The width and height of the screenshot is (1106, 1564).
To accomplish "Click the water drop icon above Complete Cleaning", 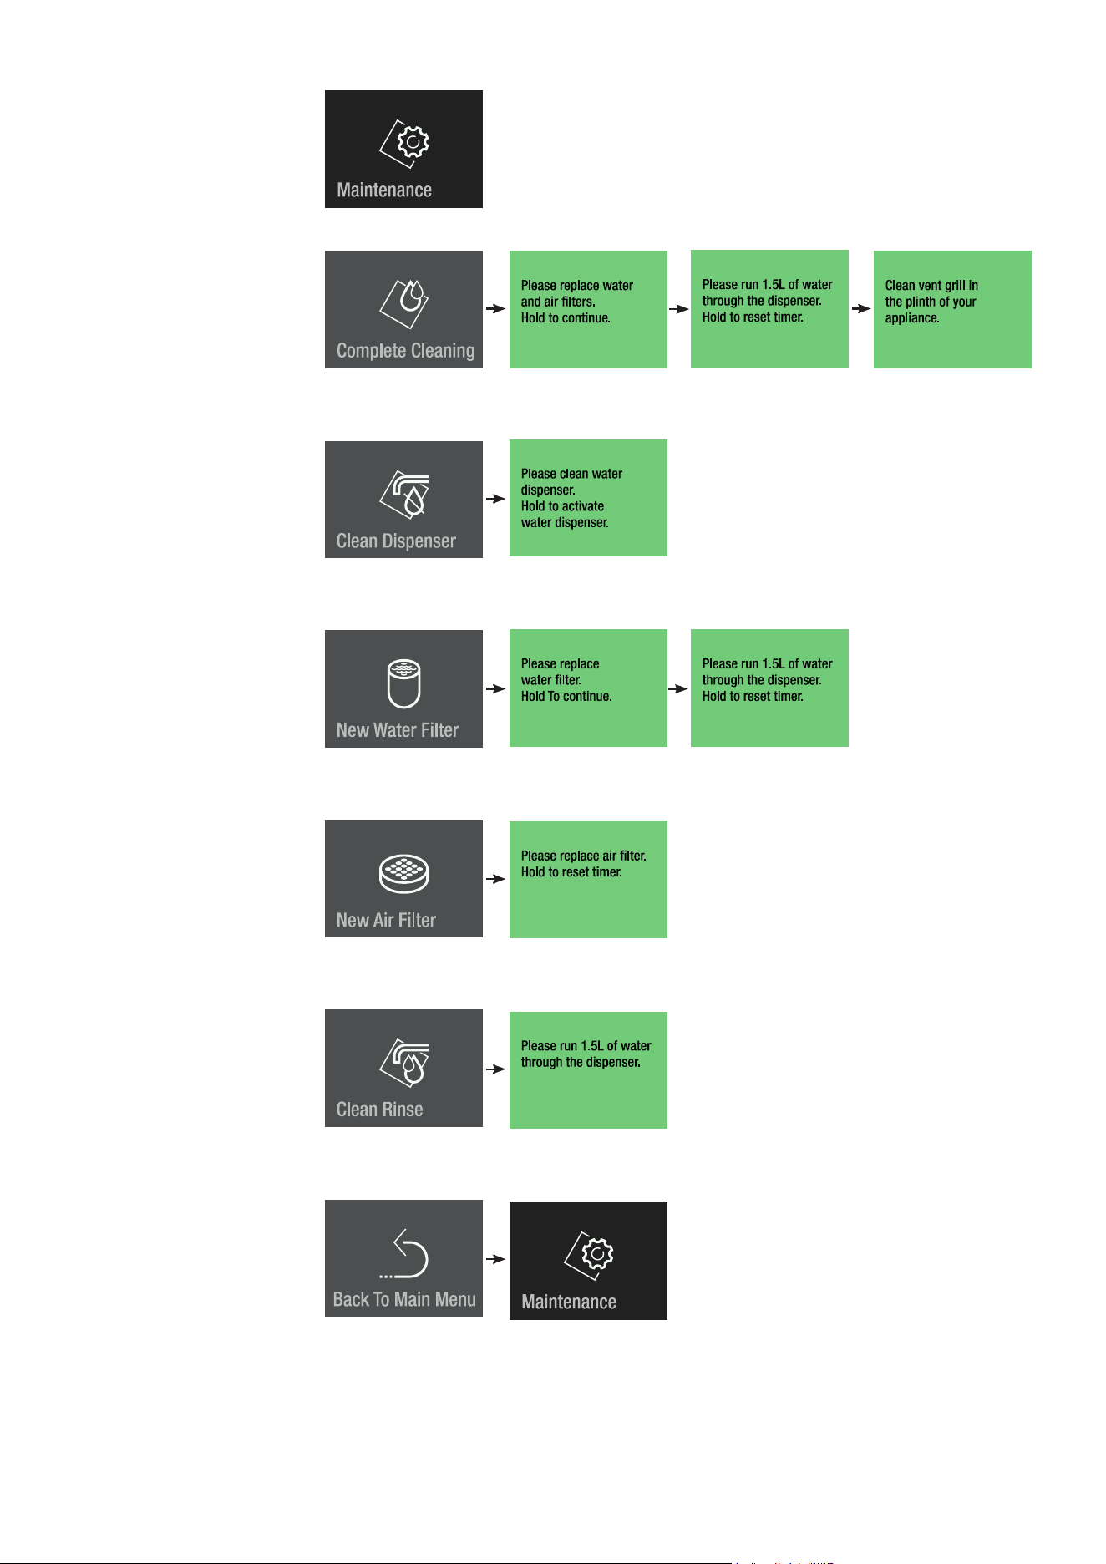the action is pyautogui.click(x=404, y=302).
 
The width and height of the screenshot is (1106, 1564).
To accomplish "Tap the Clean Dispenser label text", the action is pyautogui.click(x=396, y=541).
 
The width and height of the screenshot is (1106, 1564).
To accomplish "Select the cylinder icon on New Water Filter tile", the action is pyautogui.click(x=404, y=683).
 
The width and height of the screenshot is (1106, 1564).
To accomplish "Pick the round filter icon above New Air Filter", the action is pyautogui.click(x=404, y=874).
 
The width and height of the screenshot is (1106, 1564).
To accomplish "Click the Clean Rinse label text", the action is pyautogui.click(x=379, y=1110).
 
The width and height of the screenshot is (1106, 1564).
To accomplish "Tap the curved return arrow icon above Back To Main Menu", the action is pyautogui.click(x=404, y=1254).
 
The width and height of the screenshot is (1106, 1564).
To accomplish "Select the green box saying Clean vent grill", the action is pyautogui.click(x=952, y=309).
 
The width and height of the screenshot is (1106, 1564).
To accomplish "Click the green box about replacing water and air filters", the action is pyautogui.click(x=588, y=309).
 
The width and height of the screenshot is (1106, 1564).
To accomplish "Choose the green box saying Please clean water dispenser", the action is pyautogui.click(x=588, y=498).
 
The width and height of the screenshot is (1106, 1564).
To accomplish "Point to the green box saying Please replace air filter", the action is pyautogui.click(x=588, y=880).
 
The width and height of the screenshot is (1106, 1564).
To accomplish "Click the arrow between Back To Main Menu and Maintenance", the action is pyautogui.click(x=496, y=1259).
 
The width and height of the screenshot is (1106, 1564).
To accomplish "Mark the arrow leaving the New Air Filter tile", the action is pyautogui.click(x=496, y=879).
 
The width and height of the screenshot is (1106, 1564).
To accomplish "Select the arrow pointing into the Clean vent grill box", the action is pyautogui.click(x=861, y=308).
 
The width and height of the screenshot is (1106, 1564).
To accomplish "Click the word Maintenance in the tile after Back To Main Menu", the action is pyautogui.click(x=569, y=1302).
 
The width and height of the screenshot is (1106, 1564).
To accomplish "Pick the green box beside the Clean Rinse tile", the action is pyautogui.click(x=588, y=1070).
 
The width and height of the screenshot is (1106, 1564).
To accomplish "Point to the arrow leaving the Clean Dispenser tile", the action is pyautogui.click(x=496, y=499).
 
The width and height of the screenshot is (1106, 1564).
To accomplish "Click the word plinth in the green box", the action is pyautogui.click(x=923, y=302).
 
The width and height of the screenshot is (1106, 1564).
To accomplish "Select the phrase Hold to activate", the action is pyautogui.click(x=562, y=506).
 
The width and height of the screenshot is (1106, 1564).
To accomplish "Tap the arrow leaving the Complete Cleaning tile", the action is pyautogui.click(x=496, y=308).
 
